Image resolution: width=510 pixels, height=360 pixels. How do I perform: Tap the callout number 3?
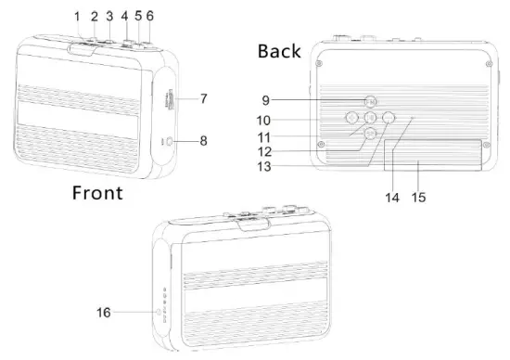(x=108, y=16)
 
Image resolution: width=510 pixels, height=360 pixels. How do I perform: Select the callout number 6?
(x=150, y=16)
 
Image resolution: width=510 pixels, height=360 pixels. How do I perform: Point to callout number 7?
(x=203, y=97)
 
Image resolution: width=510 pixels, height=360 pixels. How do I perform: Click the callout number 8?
(x=203, y=141)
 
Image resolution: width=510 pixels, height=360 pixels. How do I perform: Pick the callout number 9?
(x=266, y=101)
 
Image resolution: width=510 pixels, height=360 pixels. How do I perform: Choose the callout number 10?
(x=264, y=120)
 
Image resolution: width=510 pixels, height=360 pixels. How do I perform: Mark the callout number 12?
(x=264, y=151)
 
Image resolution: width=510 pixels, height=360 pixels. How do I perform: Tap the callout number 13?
(x=264, y=167)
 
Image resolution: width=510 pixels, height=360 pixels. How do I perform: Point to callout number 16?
(x=104, y=313)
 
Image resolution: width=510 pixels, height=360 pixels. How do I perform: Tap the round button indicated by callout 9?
(x=370, y=101)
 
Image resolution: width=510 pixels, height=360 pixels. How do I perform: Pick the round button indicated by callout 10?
(x=351, y=118)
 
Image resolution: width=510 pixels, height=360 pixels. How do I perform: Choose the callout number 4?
(x=124, y=16)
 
